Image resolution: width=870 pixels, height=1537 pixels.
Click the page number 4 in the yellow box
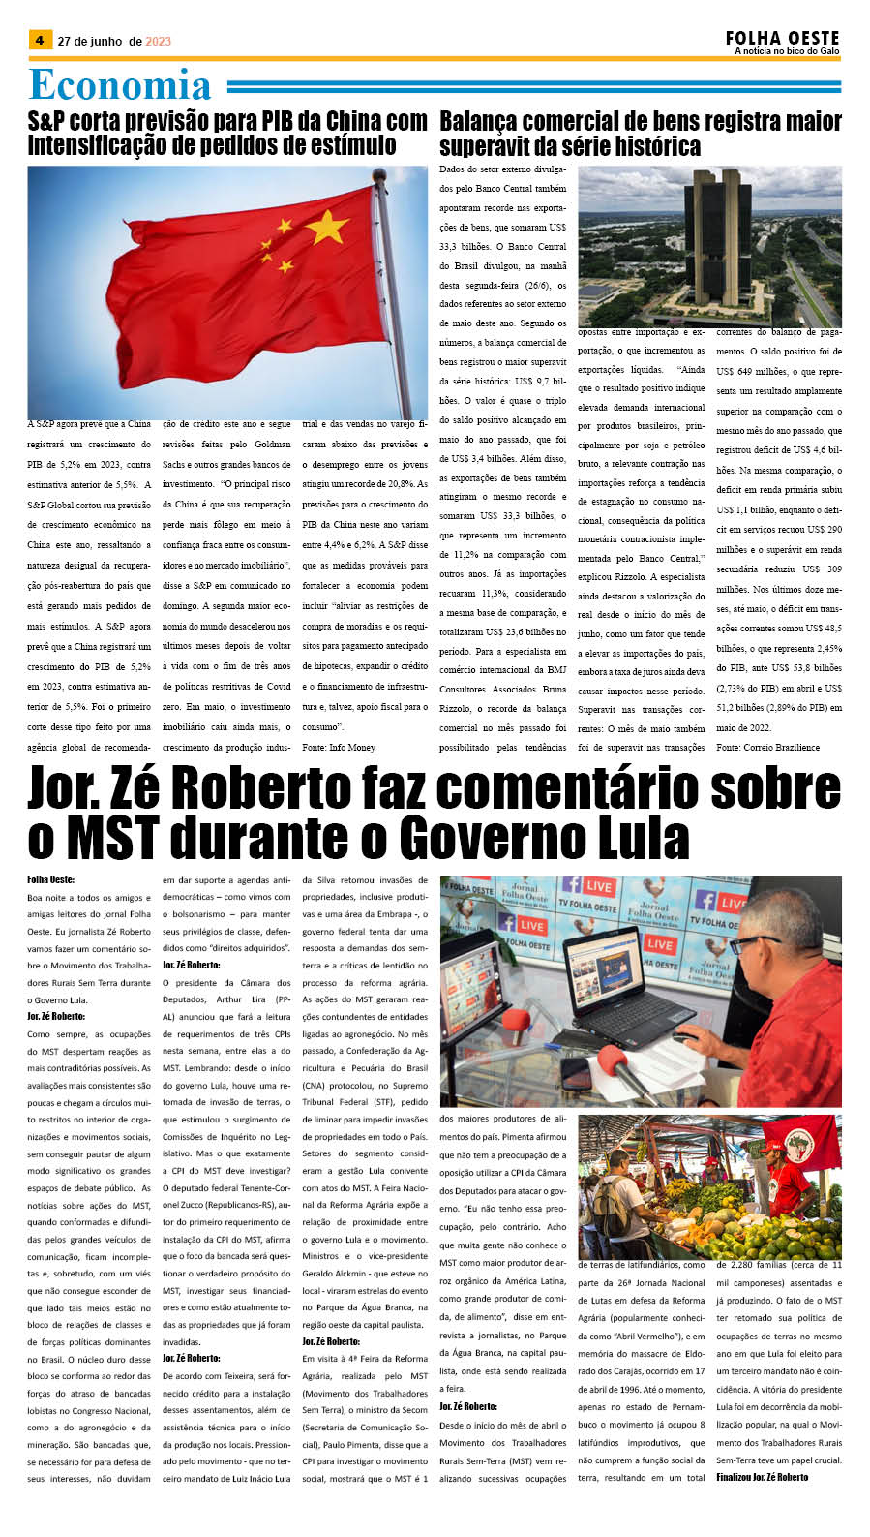pyautogui.click(x=40, y=41)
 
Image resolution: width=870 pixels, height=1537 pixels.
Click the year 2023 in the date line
pyautogui.click(x=158, y=41)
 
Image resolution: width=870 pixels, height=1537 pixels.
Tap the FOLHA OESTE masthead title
pyautogui.click(x=782, y=38)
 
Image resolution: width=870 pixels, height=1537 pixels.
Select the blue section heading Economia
pyautogui.click(x=120, y=85)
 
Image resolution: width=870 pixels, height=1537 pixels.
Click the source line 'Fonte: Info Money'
pyautogui.click(x=339, y=747)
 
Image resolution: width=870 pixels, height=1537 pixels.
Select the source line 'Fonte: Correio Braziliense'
pyautogui.click(x=767, y=747)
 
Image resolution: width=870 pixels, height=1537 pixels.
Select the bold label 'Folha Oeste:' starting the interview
pyautogui.click(x=51, y=880)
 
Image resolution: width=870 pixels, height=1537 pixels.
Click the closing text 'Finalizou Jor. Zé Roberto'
pyautogui.click(x=762, y=1477)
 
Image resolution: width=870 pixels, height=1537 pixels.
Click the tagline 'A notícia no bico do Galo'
pyautogui.click(x=787, y=51)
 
